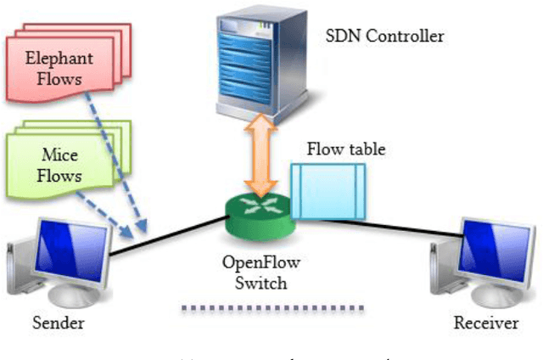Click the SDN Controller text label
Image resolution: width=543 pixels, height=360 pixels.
click(385, 37)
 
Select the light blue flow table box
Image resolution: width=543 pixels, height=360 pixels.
click(327, 188)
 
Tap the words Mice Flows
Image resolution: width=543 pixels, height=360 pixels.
click(61, 164)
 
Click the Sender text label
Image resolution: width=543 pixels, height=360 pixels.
click(59, 323)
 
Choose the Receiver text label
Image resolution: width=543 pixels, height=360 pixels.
click(484, 323)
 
